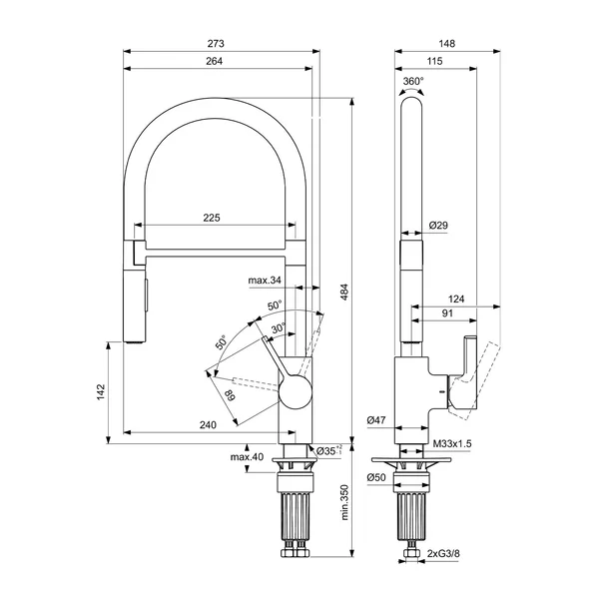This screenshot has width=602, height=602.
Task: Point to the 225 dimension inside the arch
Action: click(x=212, y=218)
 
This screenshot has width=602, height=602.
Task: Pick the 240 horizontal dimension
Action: click(x=208, y=425)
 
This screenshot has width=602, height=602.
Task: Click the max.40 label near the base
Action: click(x=246, y=457)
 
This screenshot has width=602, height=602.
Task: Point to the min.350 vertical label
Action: click(x=343, y=502)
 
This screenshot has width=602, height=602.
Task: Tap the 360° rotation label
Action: click(x=413, y=81)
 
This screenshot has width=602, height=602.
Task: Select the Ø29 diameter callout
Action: click(x=438, y=226)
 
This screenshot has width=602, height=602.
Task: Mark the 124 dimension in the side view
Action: click(x=457, y=299)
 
